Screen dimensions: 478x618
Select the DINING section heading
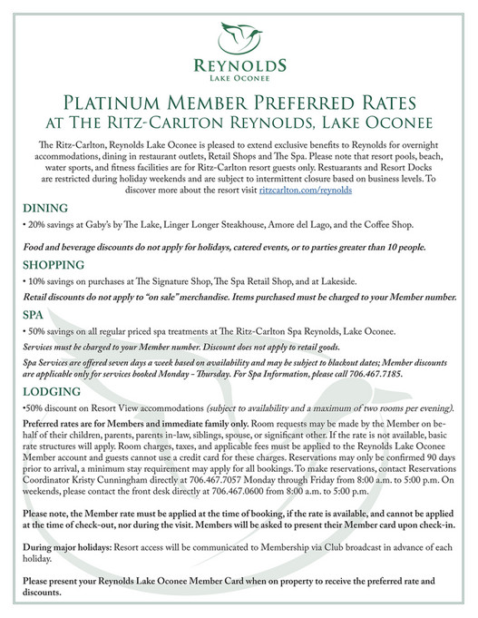pos(40,208)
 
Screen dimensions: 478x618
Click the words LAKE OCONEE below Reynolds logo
pos(239,77)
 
